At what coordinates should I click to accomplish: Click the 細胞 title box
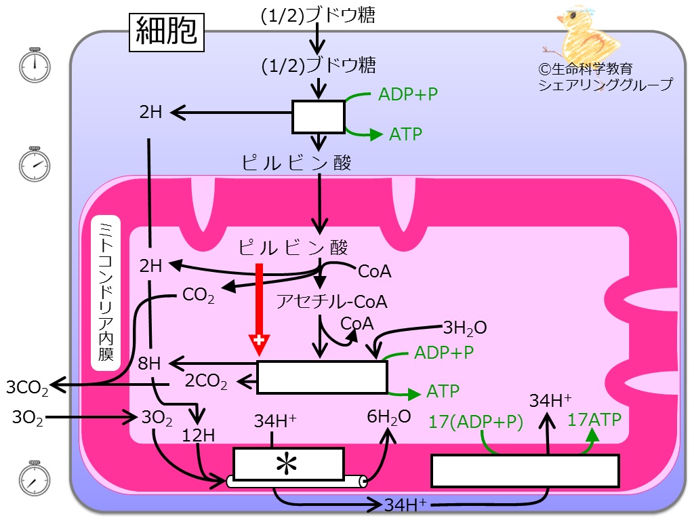pos(166,33)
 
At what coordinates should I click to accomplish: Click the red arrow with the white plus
pos(259,309)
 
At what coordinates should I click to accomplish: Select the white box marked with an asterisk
pos(289,464)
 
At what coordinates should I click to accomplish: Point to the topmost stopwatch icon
pos(35,65)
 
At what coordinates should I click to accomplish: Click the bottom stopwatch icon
pos(35,478)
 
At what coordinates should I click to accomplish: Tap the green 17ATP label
pos(594,420)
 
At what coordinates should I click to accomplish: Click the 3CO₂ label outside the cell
pos(27,388)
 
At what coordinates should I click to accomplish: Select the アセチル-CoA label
pos(332,302)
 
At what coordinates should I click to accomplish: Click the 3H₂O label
pos(465,328)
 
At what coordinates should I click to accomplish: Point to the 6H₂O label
pos(389,417)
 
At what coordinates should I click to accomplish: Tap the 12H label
pos(199,436)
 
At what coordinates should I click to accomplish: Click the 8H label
pos(149,363)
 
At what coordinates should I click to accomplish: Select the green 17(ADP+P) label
pos(476,422)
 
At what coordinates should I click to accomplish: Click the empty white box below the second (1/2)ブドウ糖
pos(318,117)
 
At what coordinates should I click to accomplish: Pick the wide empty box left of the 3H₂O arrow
pos(322,377)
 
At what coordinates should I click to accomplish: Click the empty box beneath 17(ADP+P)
pos(525,471)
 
